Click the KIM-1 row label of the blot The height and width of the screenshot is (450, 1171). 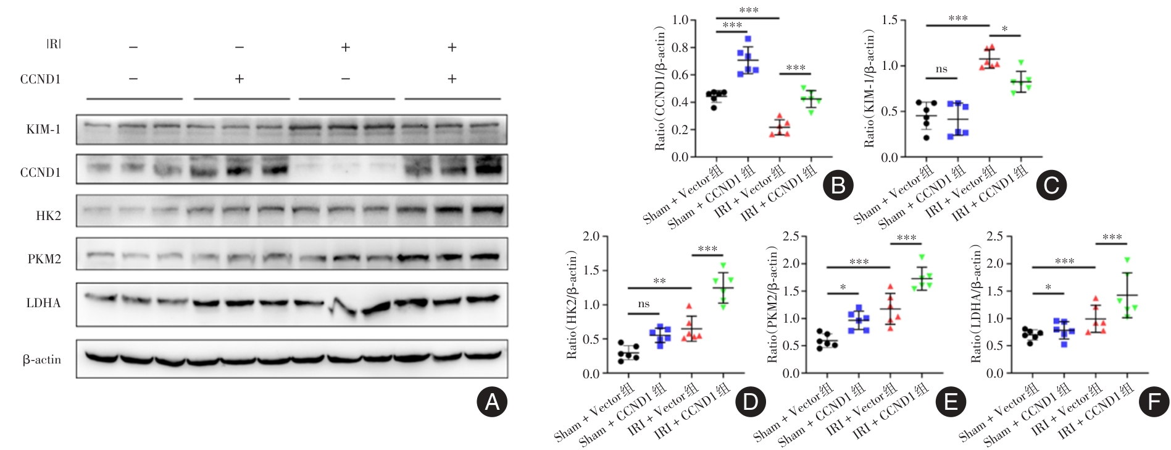click(x=43, y=130)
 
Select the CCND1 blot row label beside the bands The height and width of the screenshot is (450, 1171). click(x=41, y=172)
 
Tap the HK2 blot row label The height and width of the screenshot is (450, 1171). click(x=49, y=216)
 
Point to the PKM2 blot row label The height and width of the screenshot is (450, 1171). click(x=44, y=259)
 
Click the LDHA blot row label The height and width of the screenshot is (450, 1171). click(x=43, y=303)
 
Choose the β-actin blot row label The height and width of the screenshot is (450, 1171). click(x=42, y=359)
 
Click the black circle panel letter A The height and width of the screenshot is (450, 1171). click(x=491, y=402)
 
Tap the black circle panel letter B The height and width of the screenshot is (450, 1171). click(x=838, y=185)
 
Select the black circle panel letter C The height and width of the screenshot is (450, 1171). click(x=1051, y=185)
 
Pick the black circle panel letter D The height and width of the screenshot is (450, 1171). click(x=751, y=402)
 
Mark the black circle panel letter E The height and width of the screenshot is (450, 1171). click(x=951, y=402)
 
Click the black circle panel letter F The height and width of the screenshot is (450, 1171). click(x=1154, y=402)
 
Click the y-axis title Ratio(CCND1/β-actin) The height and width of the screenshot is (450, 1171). click(x=660, y=88)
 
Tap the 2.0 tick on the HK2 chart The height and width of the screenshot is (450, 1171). click(x=591, y=236)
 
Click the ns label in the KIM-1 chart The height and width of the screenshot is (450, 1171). click(x=941, y=69)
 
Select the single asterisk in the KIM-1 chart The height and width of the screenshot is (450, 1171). click(x=1005, y=29)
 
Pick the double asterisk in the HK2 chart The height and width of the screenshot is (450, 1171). click(x=659, y=281)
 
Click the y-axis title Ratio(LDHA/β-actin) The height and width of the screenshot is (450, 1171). click(x=976, y=304)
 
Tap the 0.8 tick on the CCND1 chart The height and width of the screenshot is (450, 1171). click(x=680, y=48)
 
